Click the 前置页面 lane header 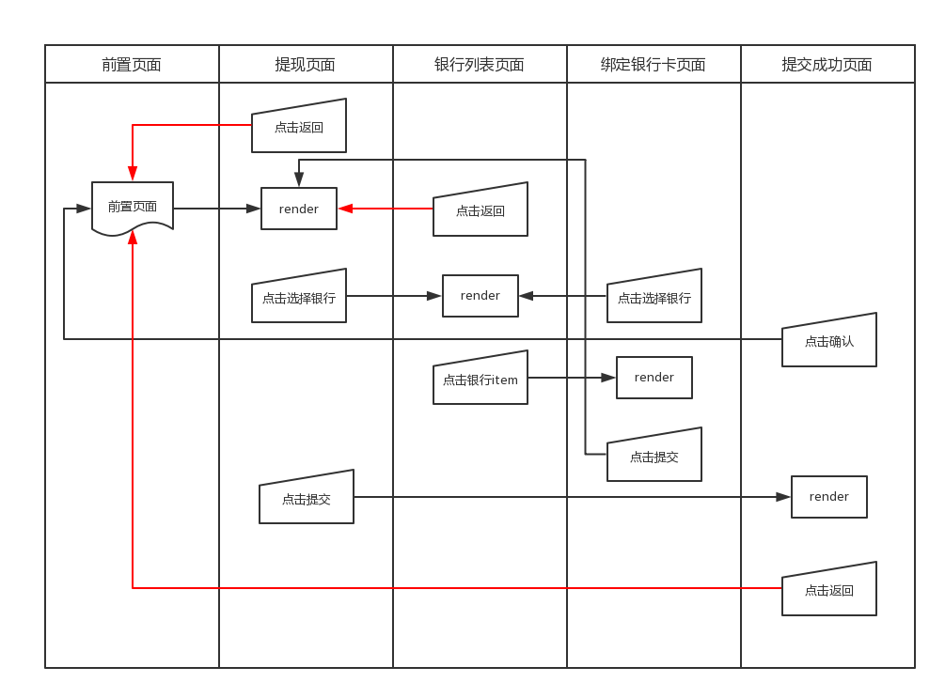132,64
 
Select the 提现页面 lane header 306,64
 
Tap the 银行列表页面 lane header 480,64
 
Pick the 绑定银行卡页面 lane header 654,64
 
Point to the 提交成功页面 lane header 827,64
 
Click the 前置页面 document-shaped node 133,208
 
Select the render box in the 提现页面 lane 299,209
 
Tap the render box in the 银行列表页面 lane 480,296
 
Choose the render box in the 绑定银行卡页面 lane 654,378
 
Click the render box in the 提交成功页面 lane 828,497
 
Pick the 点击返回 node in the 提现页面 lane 299,126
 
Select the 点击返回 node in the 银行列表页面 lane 480,209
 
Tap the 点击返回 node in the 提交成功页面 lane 829,589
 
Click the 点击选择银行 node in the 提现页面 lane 299,296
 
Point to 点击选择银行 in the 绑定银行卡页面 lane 654,296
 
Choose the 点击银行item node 480,379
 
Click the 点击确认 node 829,340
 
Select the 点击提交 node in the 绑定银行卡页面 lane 654,456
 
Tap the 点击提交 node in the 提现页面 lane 307,498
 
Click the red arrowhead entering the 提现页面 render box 345,209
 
